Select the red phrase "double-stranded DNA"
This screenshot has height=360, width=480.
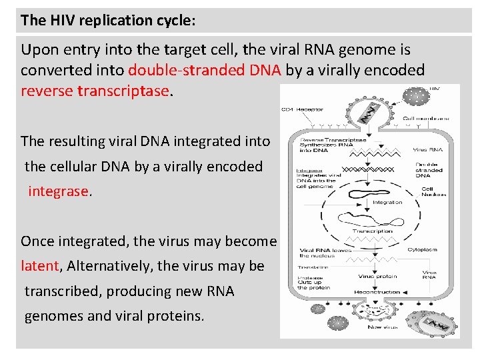(205, 70)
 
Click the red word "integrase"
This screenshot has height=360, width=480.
(59, 191)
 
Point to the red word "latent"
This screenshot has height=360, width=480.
(41, 266)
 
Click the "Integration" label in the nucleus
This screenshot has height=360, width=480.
(387, 202)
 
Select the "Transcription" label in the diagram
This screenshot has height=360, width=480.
(372, 232)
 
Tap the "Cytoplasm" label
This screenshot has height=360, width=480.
(423, 249)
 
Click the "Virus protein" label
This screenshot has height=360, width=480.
(377, 275)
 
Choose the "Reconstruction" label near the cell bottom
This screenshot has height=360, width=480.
(377, 291)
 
